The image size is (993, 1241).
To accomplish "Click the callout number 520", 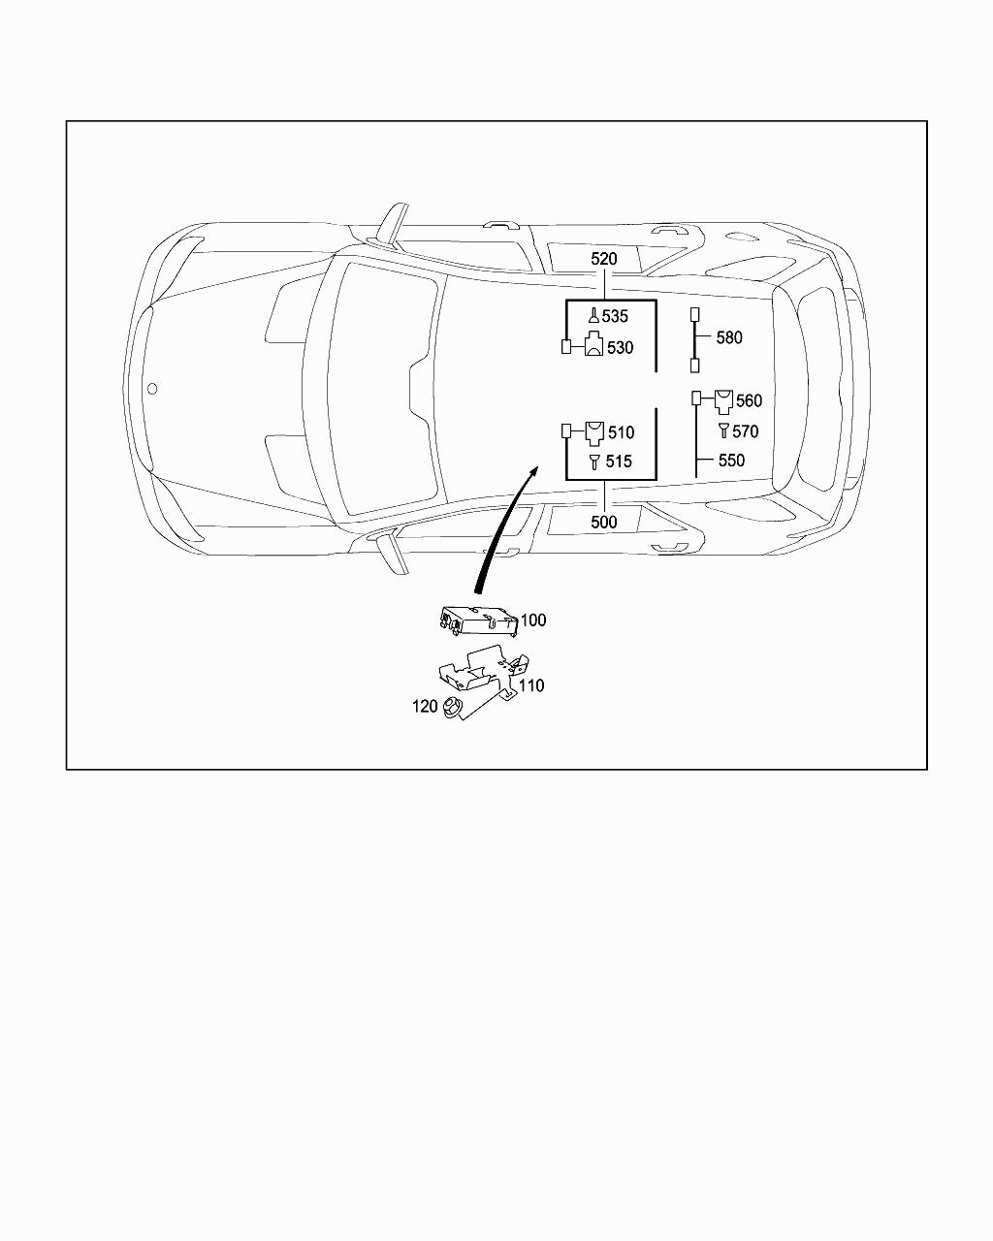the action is (603, 259).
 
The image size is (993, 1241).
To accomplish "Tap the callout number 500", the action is (603, 522).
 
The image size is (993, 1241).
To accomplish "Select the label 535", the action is (615, 316).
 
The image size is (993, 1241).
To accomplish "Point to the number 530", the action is (620, 348).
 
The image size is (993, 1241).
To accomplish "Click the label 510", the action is (621, 432).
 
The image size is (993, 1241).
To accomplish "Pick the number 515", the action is (619, 461).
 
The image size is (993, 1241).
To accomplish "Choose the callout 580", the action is (729, 337).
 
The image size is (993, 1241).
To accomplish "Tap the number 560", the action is (749, 401).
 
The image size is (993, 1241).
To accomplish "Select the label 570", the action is (745, 431).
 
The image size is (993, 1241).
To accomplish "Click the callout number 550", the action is (731, 461).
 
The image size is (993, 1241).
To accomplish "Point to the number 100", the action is (533, 620).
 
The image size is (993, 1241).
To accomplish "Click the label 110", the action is (531, 685).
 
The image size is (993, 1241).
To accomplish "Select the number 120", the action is (425, 707).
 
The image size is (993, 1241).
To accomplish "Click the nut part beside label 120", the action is (451, 709).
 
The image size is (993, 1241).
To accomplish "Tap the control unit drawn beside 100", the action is (477, 619).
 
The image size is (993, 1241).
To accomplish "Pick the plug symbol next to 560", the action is (723, 399).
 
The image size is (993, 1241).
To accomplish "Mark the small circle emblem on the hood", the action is (151, 389).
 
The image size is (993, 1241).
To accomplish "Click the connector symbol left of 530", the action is (567, 347).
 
